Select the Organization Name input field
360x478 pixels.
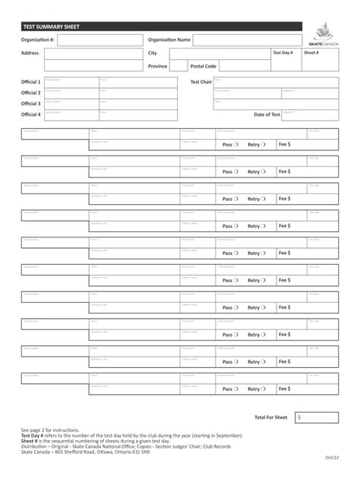tap(247, 40)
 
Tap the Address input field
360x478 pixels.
tap(93, 54)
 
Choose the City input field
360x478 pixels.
tap(219, 54)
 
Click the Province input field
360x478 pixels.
tap(178, 67)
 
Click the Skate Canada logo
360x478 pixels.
tap(324, 35)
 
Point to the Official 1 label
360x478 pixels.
tap(31, 82)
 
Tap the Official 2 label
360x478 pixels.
tap(31, 93)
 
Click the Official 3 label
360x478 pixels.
tap(31, 104)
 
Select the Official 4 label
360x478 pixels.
tap(31, 115)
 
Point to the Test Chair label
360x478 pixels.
tap(201, 82)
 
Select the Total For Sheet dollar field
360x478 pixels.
tap(317, 417)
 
